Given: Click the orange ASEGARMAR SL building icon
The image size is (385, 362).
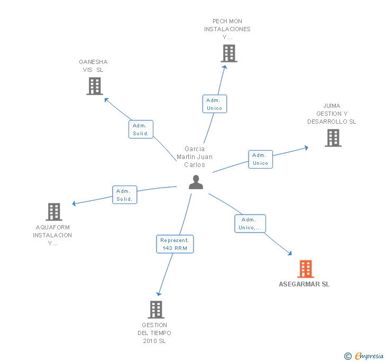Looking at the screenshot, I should click(306, 269).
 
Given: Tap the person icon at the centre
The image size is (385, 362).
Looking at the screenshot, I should click(196, 182).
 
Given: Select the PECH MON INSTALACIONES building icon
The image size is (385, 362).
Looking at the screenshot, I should click(229, 53).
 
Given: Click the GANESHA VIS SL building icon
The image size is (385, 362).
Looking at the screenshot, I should click(95, 86).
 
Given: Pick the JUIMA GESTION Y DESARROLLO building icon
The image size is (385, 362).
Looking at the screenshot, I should click(333, 138).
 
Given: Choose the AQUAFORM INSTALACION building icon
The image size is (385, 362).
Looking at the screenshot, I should click(54, 212).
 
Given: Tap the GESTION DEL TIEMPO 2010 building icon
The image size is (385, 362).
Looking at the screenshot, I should click(155, 310).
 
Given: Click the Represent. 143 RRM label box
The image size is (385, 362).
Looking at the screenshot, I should click(175, 244).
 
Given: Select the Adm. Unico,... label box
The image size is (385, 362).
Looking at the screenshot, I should click(250, 224).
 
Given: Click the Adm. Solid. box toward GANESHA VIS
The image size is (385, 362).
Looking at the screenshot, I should click(141, 129).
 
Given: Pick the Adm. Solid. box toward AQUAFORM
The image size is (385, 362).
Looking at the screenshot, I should click(125, 194).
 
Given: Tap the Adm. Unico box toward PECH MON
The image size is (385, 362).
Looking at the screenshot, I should click(214, 104).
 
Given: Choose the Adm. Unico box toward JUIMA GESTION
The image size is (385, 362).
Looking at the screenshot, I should click(261, 159).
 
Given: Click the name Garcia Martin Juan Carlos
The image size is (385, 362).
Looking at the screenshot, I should click(195, 157).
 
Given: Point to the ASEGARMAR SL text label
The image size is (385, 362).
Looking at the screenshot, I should click(304, 284).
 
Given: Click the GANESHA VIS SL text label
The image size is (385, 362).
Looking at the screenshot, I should click(93, 66).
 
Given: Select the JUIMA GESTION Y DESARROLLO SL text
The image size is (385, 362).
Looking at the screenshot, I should click(332, 114).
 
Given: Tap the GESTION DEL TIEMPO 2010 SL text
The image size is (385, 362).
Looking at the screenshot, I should click(154, 333).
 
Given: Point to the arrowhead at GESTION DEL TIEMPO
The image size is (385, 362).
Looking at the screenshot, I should click(158, 293).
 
